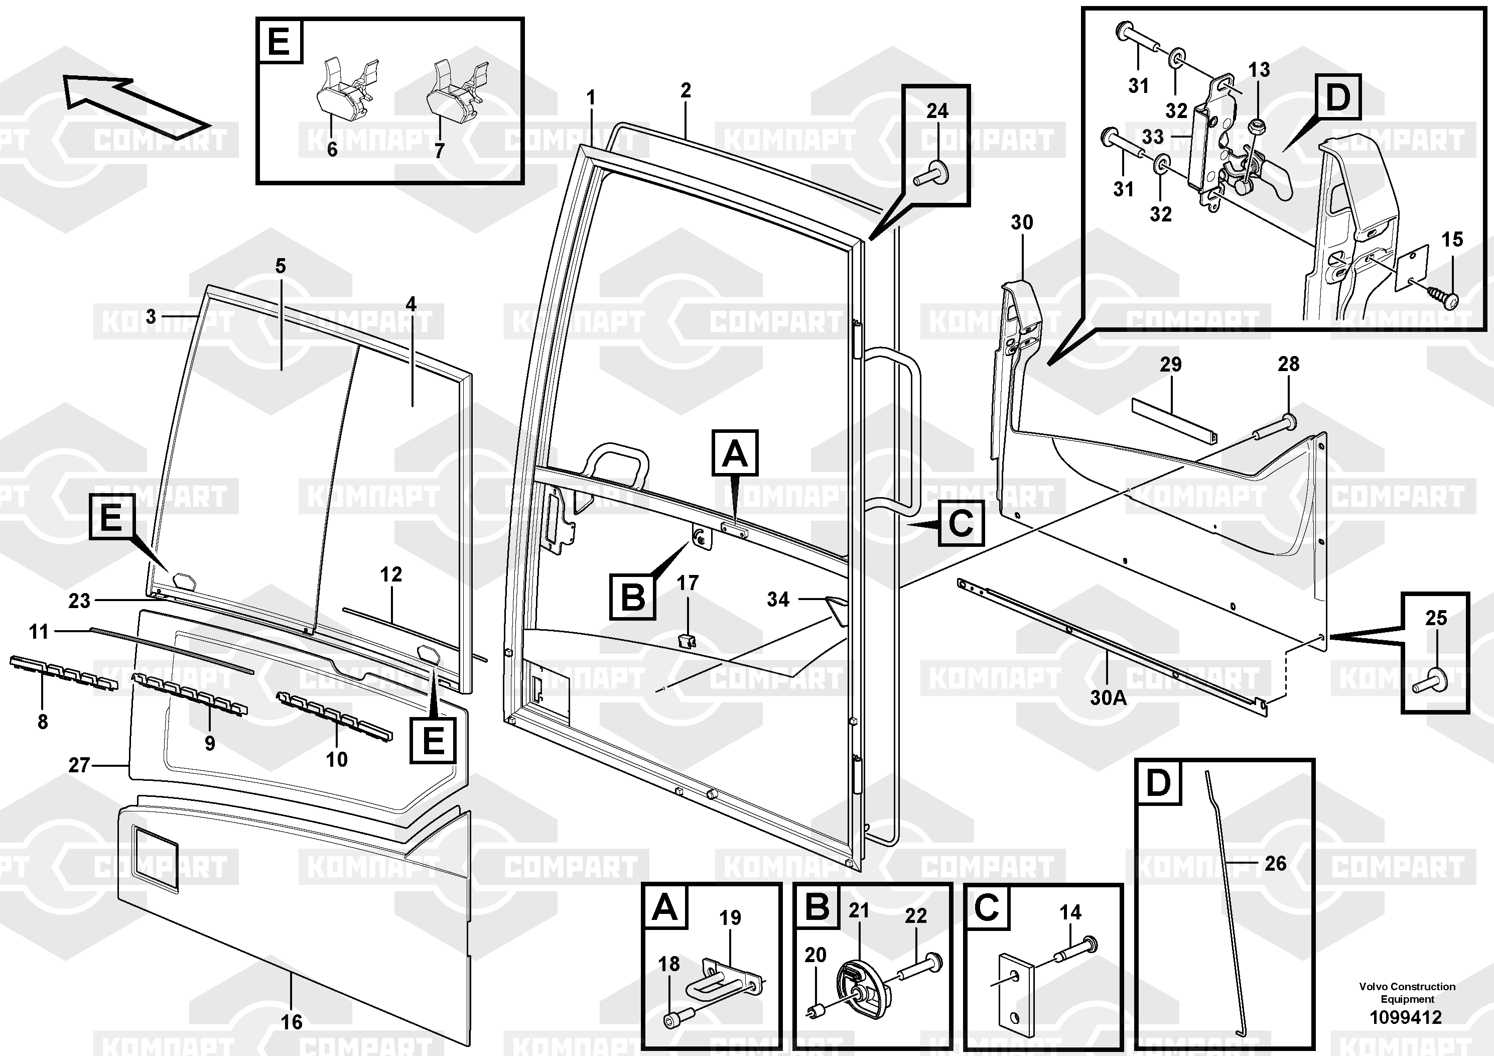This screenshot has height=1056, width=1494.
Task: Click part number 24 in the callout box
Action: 937,111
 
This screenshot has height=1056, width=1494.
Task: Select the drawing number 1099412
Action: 1406,1017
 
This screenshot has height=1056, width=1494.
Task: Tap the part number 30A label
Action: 1108,698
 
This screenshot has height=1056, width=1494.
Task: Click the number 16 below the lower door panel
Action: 292,1022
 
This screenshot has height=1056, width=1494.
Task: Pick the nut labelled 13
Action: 1257,125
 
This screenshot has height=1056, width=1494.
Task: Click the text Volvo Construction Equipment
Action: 1407,993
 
